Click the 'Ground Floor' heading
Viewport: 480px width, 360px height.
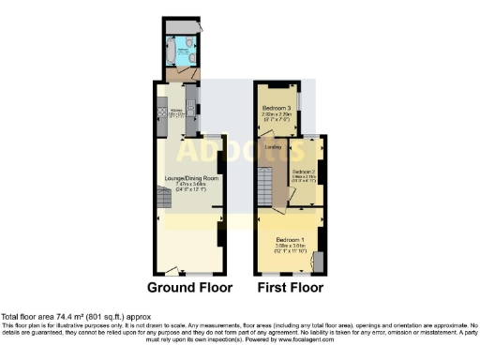click(x=188, y=287)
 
